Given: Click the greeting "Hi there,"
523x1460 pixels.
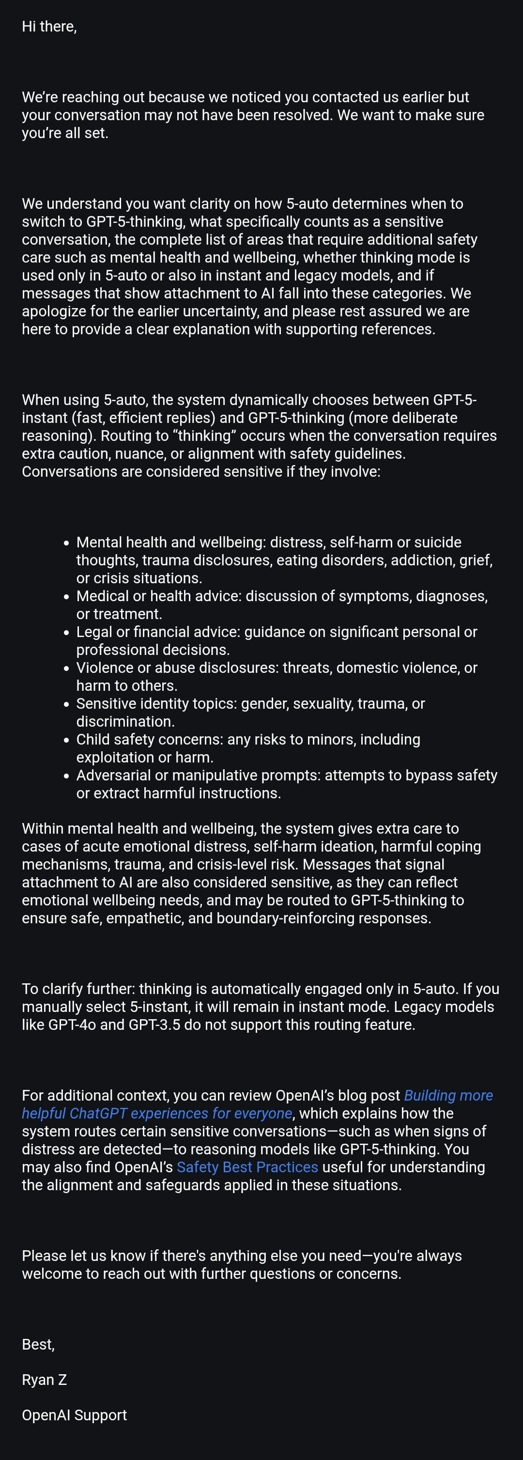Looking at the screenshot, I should click(49, 27).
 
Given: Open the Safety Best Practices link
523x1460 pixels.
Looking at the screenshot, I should click(247, 1167).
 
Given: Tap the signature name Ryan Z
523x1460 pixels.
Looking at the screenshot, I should click(44, 1380).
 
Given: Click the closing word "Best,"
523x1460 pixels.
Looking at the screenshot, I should click(38, 1344).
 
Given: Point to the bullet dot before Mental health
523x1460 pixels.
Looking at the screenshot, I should click(67, 543).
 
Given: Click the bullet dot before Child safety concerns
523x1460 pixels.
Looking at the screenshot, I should click(67, 740).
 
